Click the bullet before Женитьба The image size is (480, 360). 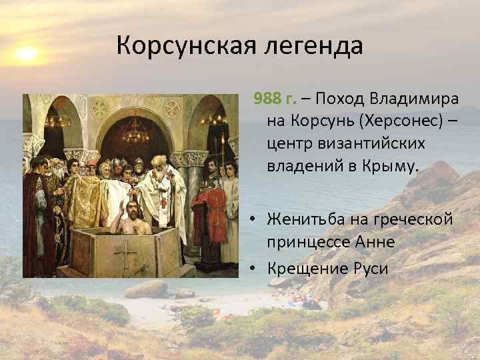[x=257, y=219]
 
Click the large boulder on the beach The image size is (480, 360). [x=147, y=289]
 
